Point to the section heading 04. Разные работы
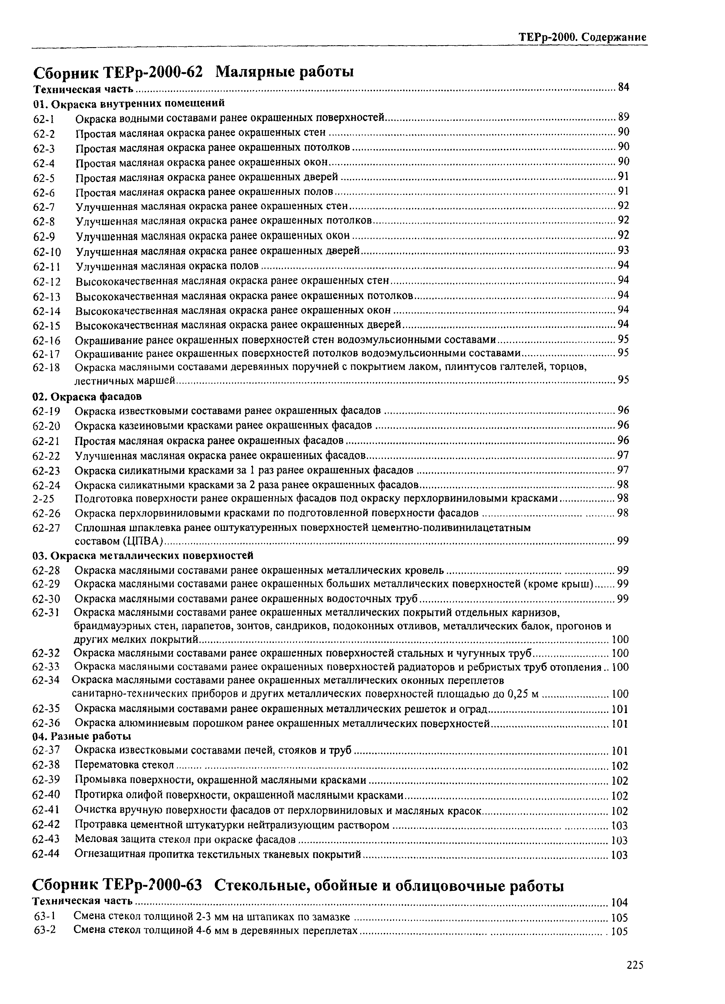coord(82,736)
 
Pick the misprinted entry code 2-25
coord(44,499)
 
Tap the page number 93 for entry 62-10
coord(623,250)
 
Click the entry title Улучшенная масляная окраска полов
coord(167,266)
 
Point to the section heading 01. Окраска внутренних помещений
coord(129,103)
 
